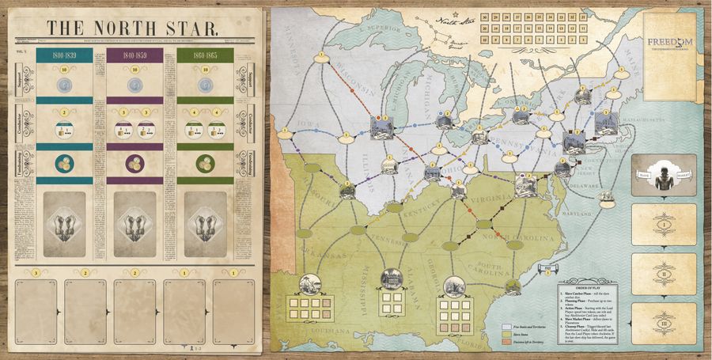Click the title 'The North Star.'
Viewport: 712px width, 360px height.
coord(133,28)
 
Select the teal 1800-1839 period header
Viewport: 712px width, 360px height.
coord(64,55)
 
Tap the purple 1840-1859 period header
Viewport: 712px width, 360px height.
coord(134,55)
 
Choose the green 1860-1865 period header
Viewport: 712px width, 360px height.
coord(205,55)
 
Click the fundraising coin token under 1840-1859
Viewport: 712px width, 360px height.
coord(134,164)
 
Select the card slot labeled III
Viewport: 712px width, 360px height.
coord(664,323)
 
